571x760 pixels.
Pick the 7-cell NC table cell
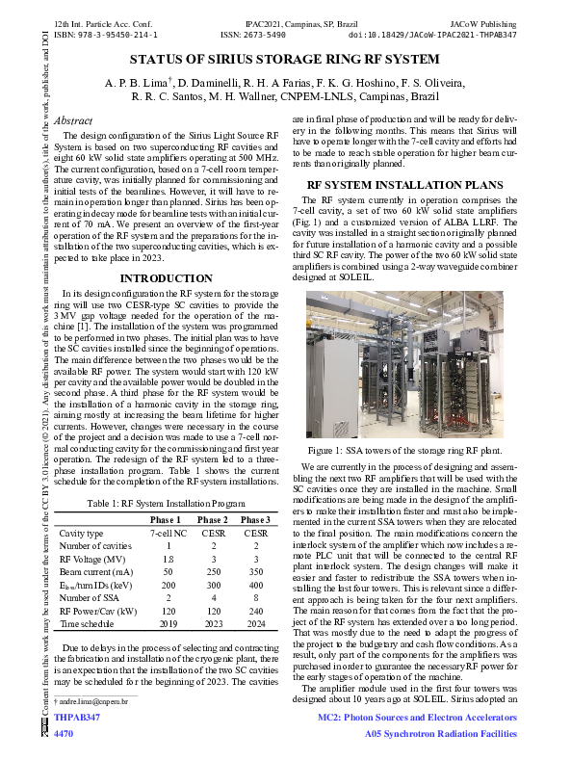pyautogui.click(x=168, y=533)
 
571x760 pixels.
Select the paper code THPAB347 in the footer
pyautogui.click(x=77, y=718)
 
